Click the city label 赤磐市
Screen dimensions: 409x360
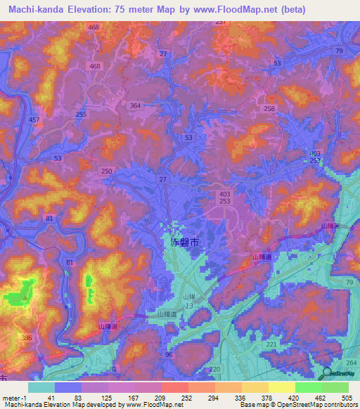coord(185,242)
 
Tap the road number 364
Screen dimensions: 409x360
coord(136,105)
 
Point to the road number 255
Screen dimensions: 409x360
coord(81,114)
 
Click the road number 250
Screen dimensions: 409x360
coord(106,171)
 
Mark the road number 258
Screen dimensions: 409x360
coord(269,108)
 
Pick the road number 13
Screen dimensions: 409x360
coord(189,306)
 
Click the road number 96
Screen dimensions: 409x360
coord(169,354)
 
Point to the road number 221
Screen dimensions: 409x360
coord(271,345)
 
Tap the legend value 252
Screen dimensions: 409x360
coord(174,397)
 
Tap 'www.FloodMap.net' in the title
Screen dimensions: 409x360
coord(265,8)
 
